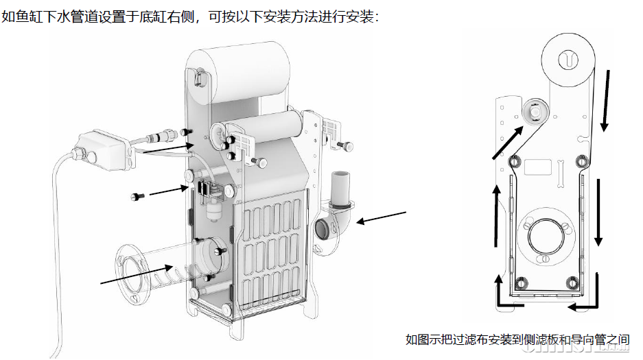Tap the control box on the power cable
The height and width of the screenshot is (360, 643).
(x=105, y=149)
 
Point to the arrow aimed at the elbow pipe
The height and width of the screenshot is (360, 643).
(x=382, y=217)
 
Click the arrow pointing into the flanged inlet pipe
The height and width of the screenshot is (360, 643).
(x=137, y=274)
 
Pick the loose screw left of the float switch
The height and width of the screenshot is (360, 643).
(x=137, y=197)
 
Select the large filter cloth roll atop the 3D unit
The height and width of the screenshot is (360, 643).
(x=238, y=73)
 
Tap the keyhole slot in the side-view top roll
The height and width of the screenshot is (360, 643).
(x=568, y=60)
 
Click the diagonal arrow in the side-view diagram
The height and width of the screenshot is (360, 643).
(x=508, y=143)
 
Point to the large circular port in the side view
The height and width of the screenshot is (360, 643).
(x=546, y=235)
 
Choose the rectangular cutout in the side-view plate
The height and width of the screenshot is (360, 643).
(x=537, y=167)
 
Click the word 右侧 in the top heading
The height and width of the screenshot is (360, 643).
(x=181, y=16)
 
